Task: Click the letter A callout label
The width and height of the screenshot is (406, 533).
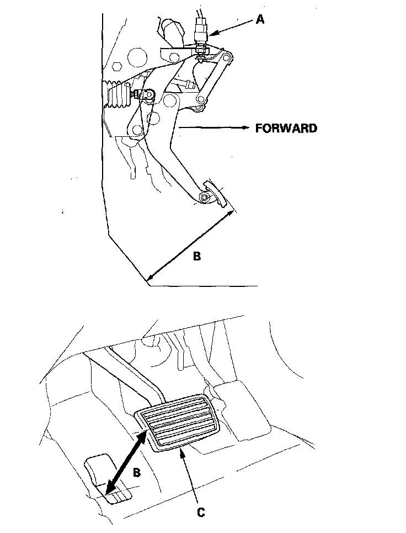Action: [260, 20]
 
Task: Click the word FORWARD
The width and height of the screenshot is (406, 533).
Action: [286, 129]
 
